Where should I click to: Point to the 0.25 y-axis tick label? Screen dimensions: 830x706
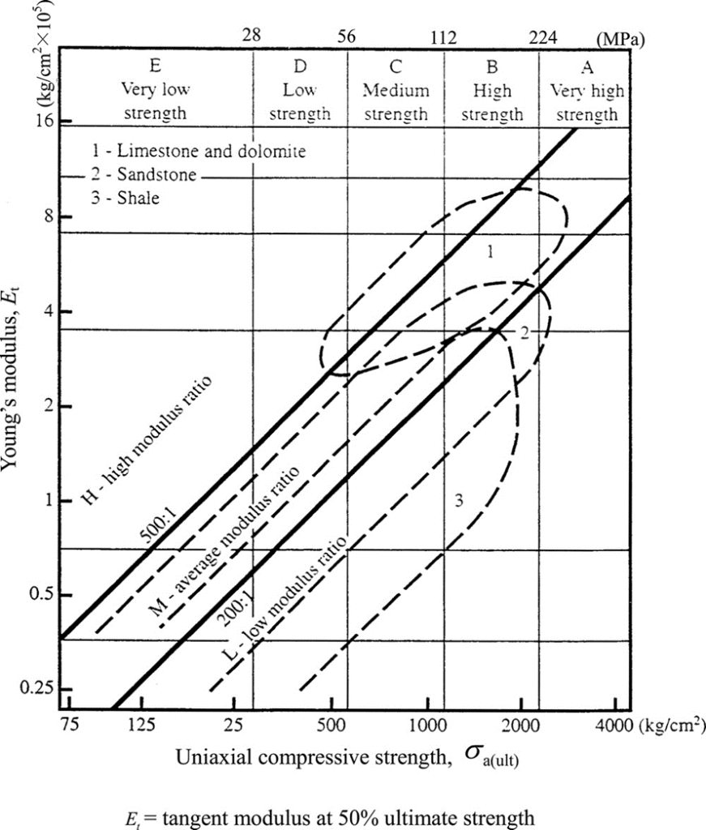pos(36,688)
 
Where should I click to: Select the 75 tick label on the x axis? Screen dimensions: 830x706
pos(71,724)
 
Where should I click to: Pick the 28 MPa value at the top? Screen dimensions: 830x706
pos(253,37)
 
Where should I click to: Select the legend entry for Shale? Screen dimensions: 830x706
pos(126,198)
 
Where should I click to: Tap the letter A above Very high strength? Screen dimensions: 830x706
pos(588,68)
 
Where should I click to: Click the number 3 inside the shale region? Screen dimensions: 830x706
pos(458,502)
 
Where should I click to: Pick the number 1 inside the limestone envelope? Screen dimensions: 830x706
pos(490,253)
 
